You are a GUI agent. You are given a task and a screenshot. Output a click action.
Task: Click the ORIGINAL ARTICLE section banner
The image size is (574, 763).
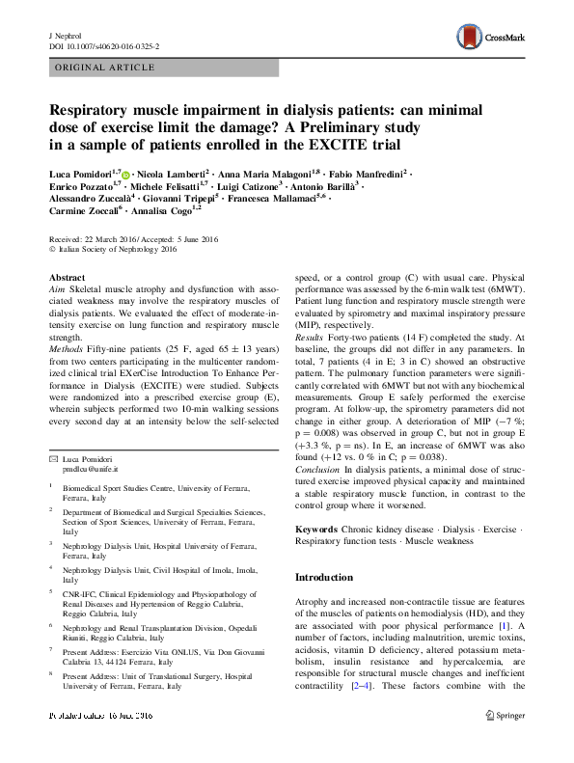click(106, 68)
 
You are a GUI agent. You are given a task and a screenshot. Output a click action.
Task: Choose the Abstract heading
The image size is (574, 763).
click(66, 278)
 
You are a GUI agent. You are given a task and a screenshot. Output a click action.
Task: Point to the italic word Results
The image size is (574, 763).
click(310, 366)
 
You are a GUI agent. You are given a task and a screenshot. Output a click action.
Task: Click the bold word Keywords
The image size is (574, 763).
click(316, 530)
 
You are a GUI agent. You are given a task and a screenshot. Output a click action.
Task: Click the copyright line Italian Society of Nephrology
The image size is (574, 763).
click(108, 250)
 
